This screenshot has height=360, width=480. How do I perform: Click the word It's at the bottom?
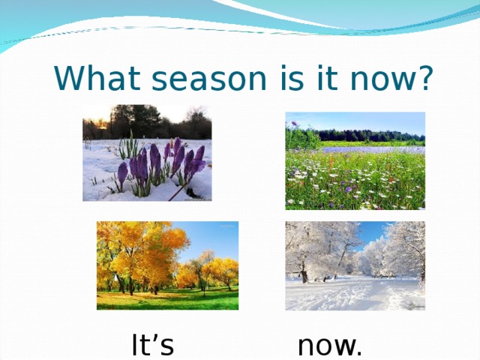(x=153, y=346)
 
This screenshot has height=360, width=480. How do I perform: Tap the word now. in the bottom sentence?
(x=330, y=346)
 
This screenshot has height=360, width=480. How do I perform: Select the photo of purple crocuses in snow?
(x=147, y=153)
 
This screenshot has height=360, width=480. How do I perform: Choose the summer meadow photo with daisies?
(x=355, y=160)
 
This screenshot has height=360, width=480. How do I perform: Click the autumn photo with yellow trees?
(x=167, y=265)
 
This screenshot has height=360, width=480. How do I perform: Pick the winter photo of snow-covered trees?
(x=355, y=265)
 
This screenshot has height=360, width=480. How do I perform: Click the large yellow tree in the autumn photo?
(x=142, y=247)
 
